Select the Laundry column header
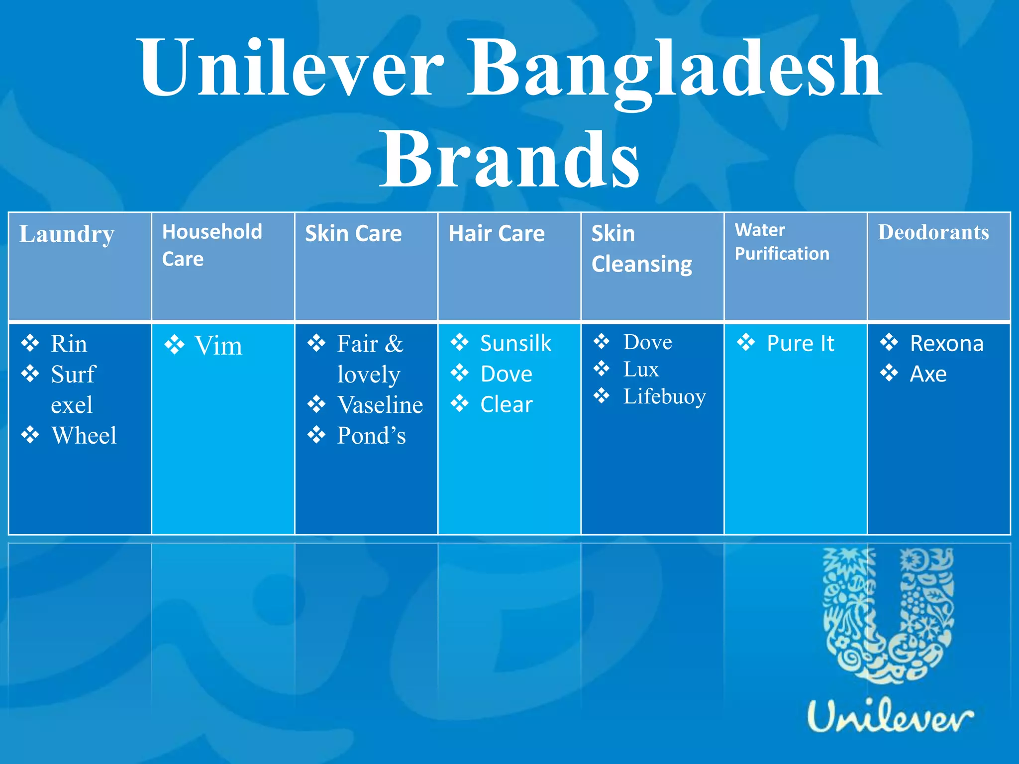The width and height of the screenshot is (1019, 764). pyautogui.click(x=67, y=234)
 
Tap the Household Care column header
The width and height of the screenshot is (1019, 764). pyautogui.click(x=212, y=245)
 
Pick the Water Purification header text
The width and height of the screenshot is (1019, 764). pyautogui.click(x=782, y=242)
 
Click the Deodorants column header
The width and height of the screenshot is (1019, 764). pyautogui.click(x=933, y=233)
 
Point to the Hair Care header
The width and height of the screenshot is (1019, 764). pyautogui.click(x=497, y=234)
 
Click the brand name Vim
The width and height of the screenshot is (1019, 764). pyautogui.click(x=218, y=346)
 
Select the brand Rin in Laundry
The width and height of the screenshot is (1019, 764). pyautogui.click(x=69, y=344)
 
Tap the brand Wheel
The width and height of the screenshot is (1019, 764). pyautogui.click(x=84, y=436)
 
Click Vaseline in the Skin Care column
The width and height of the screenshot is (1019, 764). pyautogui.click(x=380, y=405)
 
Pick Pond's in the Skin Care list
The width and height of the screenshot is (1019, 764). pyautogui.click(x=371, y=436)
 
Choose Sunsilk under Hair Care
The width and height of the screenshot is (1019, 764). pyautogui.click(x=515, y=343)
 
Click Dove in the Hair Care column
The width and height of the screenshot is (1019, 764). pyautogui.click(x=507, y=374)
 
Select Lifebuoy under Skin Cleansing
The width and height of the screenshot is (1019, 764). pyautogui.click(x=665, y=396)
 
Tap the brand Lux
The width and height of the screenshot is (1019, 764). pyautogui.click(x=641, y=369)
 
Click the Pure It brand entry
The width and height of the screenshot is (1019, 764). pyautogui.click(x=800, y=343)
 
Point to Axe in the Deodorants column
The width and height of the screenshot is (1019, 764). pyautogui.click(x=928, y=374)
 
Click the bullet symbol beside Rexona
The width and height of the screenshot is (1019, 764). pyautogui.click(x=889, y=343)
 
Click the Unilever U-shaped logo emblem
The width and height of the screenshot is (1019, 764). pyautogui.click(x=889, y=617)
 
